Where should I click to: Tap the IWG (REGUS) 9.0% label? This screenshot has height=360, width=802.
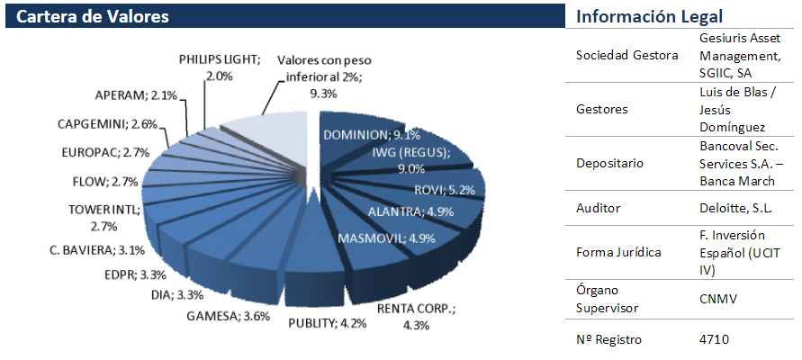[x=410, y=160]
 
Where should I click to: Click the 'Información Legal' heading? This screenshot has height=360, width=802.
[x=649, y=17]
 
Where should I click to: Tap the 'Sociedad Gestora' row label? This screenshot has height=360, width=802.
[x=626, y=56]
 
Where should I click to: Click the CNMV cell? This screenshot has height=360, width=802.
[x=716, y=299]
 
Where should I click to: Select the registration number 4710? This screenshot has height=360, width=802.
[x=713, y=339]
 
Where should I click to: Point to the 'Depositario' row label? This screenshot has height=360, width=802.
[x=611, y=164]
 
